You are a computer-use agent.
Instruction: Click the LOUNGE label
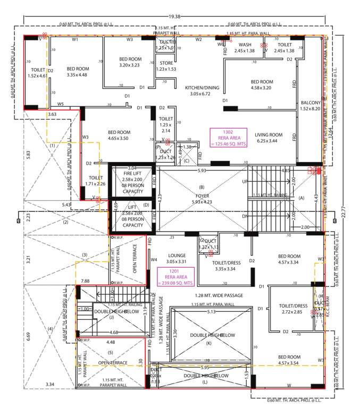176,256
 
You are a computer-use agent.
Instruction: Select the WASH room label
245,45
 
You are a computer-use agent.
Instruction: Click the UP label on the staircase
245,182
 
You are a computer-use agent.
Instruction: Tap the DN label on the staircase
245,216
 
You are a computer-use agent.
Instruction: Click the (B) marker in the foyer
202,188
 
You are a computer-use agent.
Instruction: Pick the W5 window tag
61,104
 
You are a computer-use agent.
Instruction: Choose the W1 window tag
76,39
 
